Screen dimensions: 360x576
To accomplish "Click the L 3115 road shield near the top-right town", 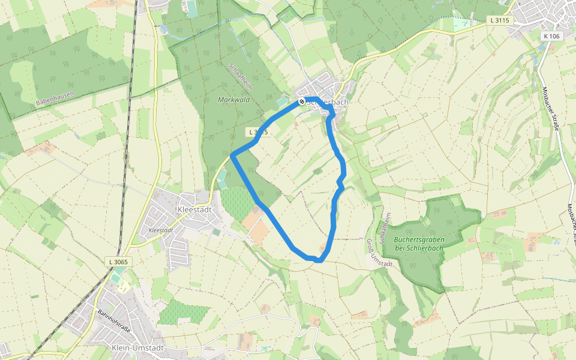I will (499, 20).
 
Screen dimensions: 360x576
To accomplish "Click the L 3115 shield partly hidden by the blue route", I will (257, 132).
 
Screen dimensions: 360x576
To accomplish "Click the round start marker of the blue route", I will (302, 101).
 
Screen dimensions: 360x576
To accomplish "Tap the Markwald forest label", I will (234, 100).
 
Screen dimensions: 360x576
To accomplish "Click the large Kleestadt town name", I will (196, 209).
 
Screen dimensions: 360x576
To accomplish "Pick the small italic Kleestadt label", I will (160, 230).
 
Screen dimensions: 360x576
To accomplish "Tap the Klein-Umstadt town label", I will (137, 348).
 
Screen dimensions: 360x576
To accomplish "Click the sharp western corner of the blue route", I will (232, 155).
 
